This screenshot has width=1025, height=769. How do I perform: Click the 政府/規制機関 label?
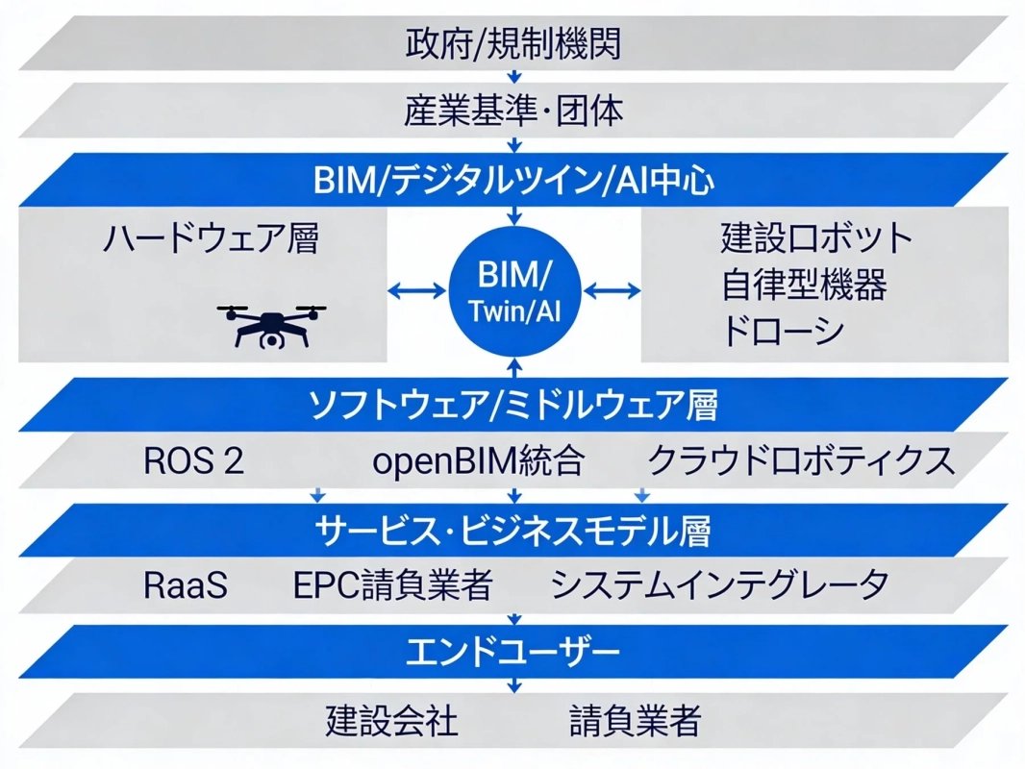[x=512, y=43]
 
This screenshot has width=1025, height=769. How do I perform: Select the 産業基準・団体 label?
[x=512, y=112]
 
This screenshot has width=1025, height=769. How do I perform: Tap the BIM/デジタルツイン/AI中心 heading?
[x=512, y=180]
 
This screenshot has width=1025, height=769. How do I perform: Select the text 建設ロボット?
[x=815, y=237]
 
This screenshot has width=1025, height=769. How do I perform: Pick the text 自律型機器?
[x=803, y=284]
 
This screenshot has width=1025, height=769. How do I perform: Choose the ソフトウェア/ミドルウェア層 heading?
[x=512, y=405]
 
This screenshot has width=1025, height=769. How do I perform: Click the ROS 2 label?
[x=193, y=461]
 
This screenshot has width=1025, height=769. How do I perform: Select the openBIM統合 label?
[x=478, y=461]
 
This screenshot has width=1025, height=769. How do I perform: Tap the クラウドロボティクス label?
[x=802, y=461]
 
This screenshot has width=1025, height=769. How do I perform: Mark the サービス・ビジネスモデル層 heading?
[x=512, y=530]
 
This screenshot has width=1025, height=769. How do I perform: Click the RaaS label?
[x=186, y=585]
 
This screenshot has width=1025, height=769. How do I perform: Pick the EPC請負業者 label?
[x=393, y=585]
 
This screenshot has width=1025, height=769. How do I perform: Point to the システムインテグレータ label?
[x=720, y=585]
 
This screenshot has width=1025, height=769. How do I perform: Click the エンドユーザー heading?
[x=512, y=654]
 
